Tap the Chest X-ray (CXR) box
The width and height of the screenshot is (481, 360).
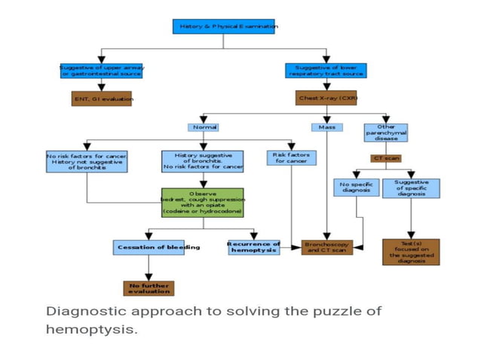(x=326, y=99)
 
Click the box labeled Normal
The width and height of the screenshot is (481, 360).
(x=205, y=127)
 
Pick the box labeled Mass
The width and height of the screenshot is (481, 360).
(x=326, y=127)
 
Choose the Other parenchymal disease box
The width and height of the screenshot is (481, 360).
(x=386, y=133)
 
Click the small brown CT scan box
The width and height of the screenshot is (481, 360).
(x=386, y=158)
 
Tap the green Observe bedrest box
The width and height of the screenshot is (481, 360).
(x=202, y=203)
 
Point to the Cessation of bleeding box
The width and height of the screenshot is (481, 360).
(x=148, y=247)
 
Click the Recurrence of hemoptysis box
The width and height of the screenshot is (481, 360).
(x=253, y=247)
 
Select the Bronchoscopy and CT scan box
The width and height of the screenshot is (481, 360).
(x=327, y=247)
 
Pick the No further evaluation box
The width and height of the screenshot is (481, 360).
(x=149, y=288)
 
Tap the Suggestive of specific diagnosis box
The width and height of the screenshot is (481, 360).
(x=411, y=188)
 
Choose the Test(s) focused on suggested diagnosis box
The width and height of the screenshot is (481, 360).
(x=411, y=252)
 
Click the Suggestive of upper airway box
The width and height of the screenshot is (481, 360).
(x=101, y=70)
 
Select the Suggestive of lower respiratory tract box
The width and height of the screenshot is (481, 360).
(x=326, y=70)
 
